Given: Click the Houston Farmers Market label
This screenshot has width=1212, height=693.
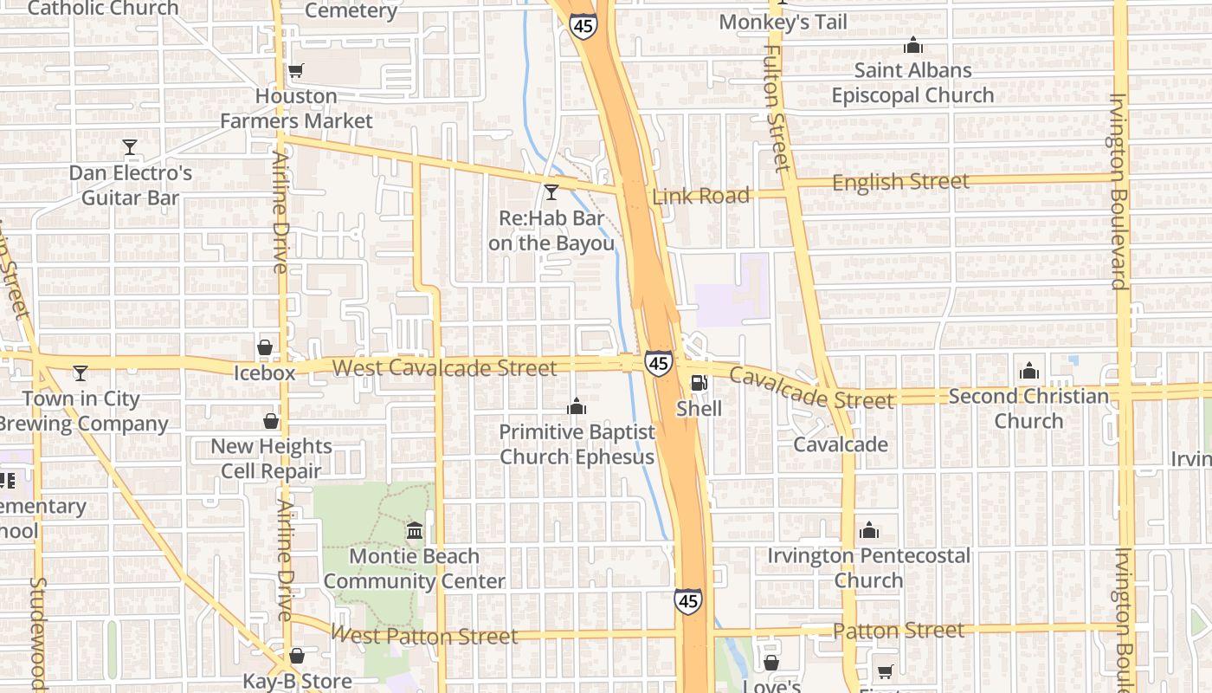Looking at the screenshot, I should [x=296, y=108].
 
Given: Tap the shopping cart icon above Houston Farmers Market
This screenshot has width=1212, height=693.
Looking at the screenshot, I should [x=296, y=71].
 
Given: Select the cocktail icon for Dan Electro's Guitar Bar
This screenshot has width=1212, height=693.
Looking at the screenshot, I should [x=130, y=147].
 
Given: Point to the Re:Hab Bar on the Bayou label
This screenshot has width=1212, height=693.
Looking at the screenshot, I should [x=551, y=231].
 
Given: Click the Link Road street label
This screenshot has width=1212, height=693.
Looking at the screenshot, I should [x=701, y=196].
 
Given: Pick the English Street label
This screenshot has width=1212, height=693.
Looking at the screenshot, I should [x=900, y=182].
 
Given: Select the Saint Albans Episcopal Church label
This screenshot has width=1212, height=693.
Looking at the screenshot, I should [x=912, y=82].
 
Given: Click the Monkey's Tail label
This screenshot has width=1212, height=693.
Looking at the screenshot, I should [x=783, y=22].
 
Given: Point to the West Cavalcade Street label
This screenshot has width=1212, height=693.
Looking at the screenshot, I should [x=444, y=367].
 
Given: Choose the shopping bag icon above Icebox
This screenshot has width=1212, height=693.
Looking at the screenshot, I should [x=265, y=348].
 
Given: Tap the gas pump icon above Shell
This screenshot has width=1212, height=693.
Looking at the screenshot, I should [x=699, y=382].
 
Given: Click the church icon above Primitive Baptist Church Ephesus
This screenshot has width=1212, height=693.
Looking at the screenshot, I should [x=577, y=406].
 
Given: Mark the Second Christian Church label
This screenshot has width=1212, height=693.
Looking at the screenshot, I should [x=1028, y=408].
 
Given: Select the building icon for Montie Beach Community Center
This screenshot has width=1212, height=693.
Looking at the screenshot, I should [x=414, y=530].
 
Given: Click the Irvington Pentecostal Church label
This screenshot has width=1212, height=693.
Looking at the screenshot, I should [x=868, y=567].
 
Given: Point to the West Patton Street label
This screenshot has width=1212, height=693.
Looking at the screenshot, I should [x=425, y=636].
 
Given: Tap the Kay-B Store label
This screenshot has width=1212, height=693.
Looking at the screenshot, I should [x=297, y=681].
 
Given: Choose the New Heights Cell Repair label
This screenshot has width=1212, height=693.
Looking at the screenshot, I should [x=271, y=458].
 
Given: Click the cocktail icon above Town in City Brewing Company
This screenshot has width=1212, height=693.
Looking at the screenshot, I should [x=81, y=373].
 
